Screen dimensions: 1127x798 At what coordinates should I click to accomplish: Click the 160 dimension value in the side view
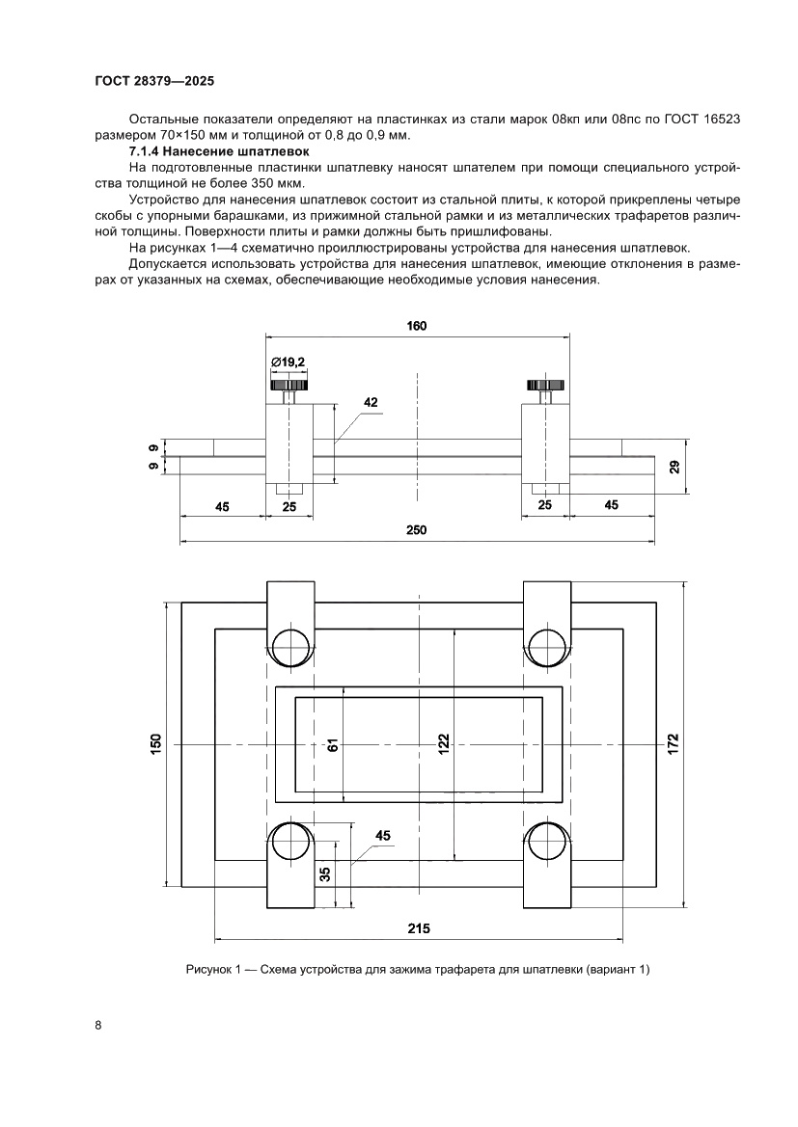click(x=416, y=326)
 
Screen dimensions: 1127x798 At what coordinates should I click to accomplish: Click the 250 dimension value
click(x=416, y=531)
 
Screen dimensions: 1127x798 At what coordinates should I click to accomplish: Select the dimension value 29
click(x=675, y=467)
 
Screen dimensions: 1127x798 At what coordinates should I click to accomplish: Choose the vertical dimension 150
click(x=155, y=744)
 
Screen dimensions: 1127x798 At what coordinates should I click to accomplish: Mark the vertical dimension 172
click(x=674, y=744)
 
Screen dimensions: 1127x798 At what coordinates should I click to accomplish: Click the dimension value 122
click(x=443, y=744)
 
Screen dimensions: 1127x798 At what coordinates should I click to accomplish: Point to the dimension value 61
click(x=331, y=744)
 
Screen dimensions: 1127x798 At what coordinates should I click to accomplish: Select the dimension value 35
click(x=325, y=873)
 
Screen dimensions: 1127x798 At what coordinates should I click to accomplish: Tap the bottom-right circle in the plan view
click(x=546, y=842)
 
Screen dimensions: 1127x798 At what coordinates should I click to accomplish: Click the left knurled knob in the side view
click(x=289, y=385)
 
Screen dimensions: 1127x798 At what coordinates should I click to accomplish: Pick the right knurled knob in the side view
click(x=545, y=385)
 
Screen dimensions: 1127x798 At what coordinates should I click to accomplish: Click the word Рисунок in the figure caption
click(x=209, y=969)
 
